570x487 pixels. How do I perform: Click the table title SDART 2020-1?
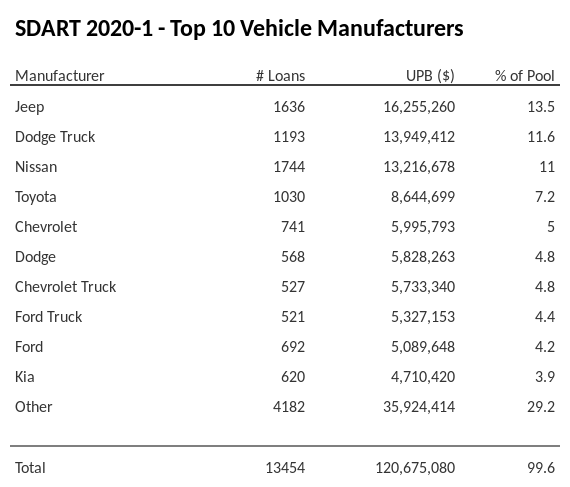click(239, 29)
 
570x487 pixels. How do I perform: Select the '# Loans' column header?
click(280, 76)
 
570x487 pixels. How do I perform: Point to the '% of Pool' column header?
click(524, 76)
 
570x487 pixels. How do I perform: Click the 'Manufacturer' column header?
click(60, 76)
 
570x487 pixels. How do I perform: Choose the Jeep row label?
click(30, 107)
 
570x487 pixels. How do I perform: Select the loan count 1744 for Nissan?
click(288, 167)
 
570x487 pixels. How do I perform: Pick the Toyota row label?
click(36, 197)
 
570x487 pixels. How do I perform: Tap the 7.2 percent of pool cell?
click(544, 197)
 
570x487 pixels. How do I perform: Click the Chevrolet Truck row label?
click(66, 287)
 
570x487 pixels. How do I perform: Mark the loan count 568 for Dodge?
click(292, 257)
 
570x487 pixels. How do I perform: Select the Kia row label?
click(26, 377)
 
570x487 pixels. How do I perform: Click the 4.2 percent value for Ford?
click(544, 347)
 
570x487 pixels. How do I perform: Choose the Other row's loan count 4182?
click(288, 407)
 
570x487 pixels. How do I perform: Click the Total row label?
click(31, 468)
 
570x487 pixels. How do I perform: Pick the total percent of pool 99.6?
click(541, 468)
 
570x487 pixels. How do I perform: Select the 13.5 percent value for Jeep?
click(541, 107)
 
